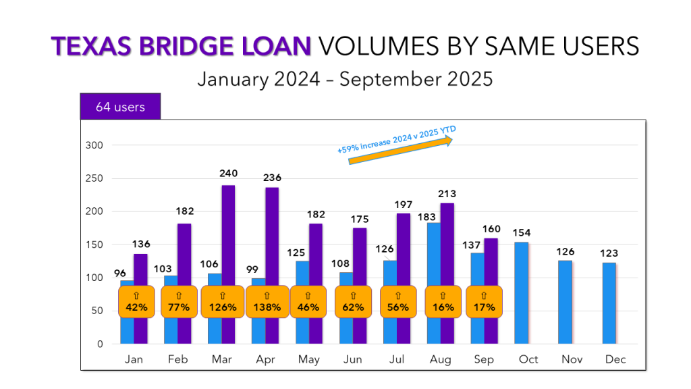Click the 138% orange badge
[266, 301]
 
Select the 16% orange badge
[443, 301]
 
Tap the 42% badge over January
[137, 301]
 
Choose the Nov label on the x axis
[572, 359]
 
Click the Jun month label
[352, 359]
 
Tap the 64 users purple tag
[120, 107]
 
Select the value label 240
[229, 174]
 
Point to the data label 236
[273, 178]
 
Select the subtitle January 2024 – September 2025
[345, 79]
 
